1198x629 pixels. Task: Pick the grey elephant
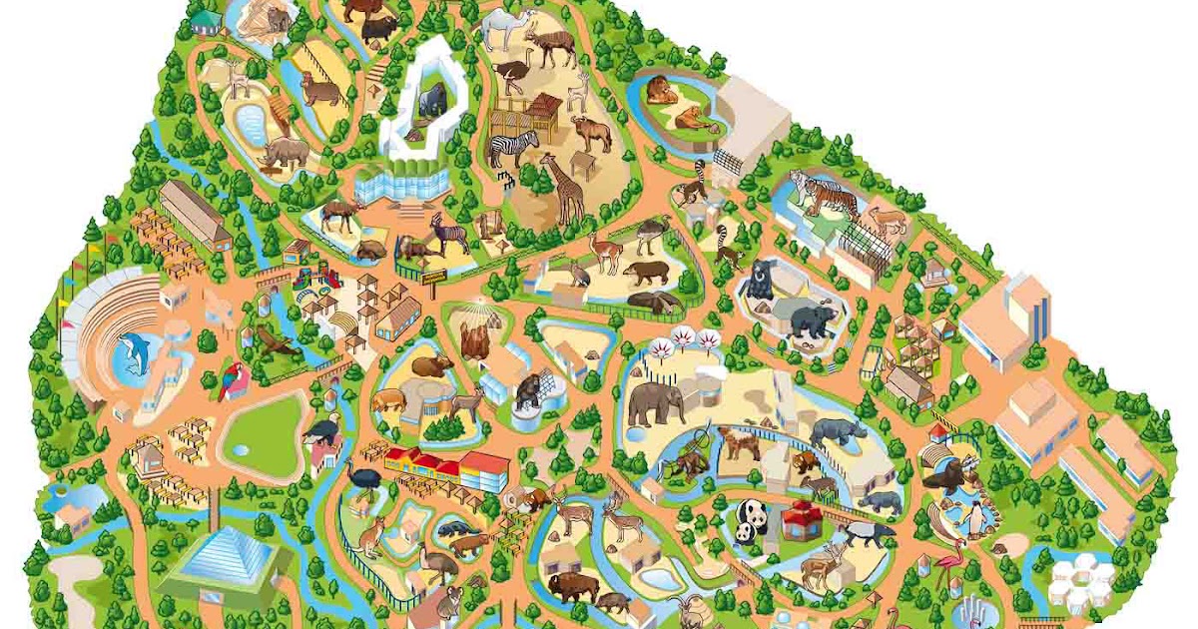655,401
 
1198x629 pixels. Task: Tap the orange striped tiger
823,192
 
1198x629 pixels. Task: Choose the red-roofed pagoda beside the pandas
801,520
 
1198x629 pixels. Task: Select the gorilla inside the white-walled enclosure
431,100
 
